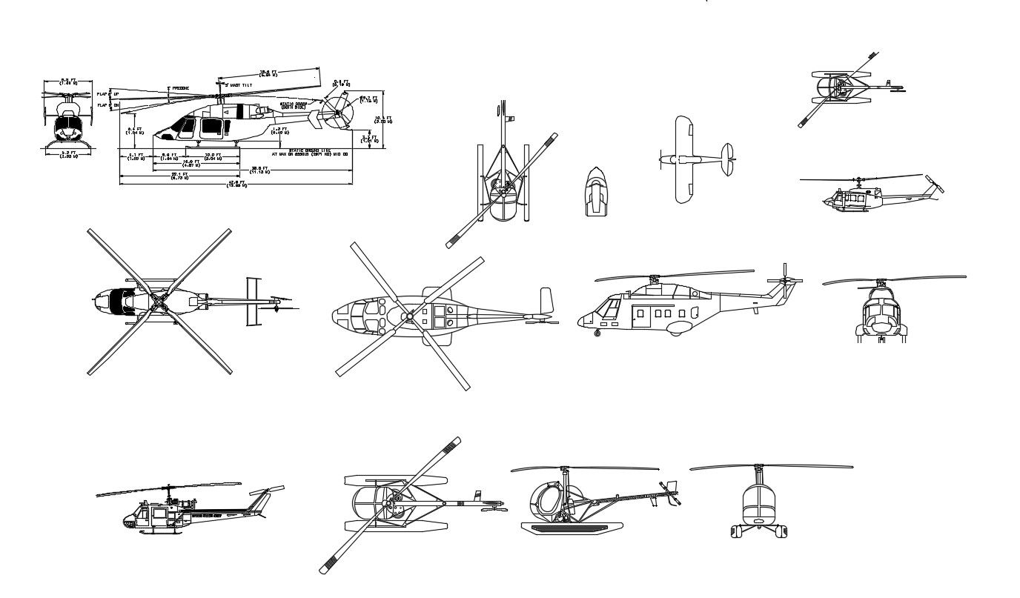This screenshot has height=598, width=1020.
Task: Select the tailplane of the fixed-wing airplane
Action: pos(729,159)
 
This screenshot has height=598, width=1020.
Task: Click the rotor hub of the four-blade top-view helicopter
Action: pos(159,301)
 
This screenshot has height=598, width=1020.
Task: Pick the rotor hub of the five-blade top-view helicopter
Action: pos(408,316)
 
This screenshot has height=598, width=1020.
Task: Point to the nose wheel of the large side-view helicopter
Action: pos(597,334)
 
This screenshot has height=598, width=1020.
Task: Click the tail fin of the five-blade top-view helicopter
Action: pos(546,301)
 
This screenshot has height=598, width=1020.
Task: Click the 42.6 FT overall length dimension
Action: pos(236,183)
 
